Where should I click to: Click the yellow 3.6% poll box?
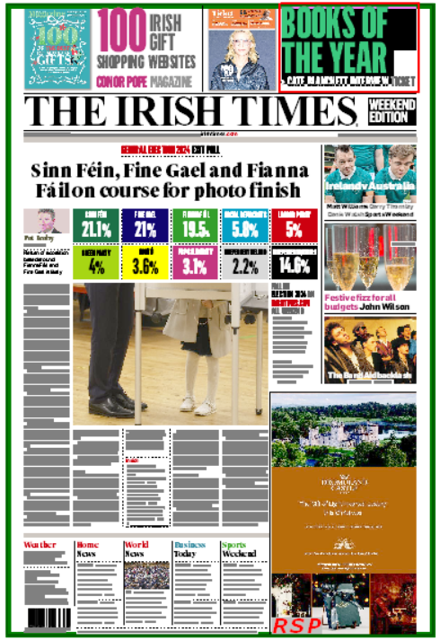pos(145,262)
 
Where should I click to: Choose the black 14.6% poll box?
pos(294,262)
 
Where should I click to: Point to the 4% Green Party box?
pos(95,262)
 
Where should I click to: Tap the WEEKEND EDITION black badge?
pos(392,111)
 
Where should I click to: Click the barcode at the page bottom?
pos(48,619)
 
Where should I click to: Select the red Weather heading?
pos(40,545)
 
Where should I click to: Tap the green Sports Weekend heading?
pos(240,549)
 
